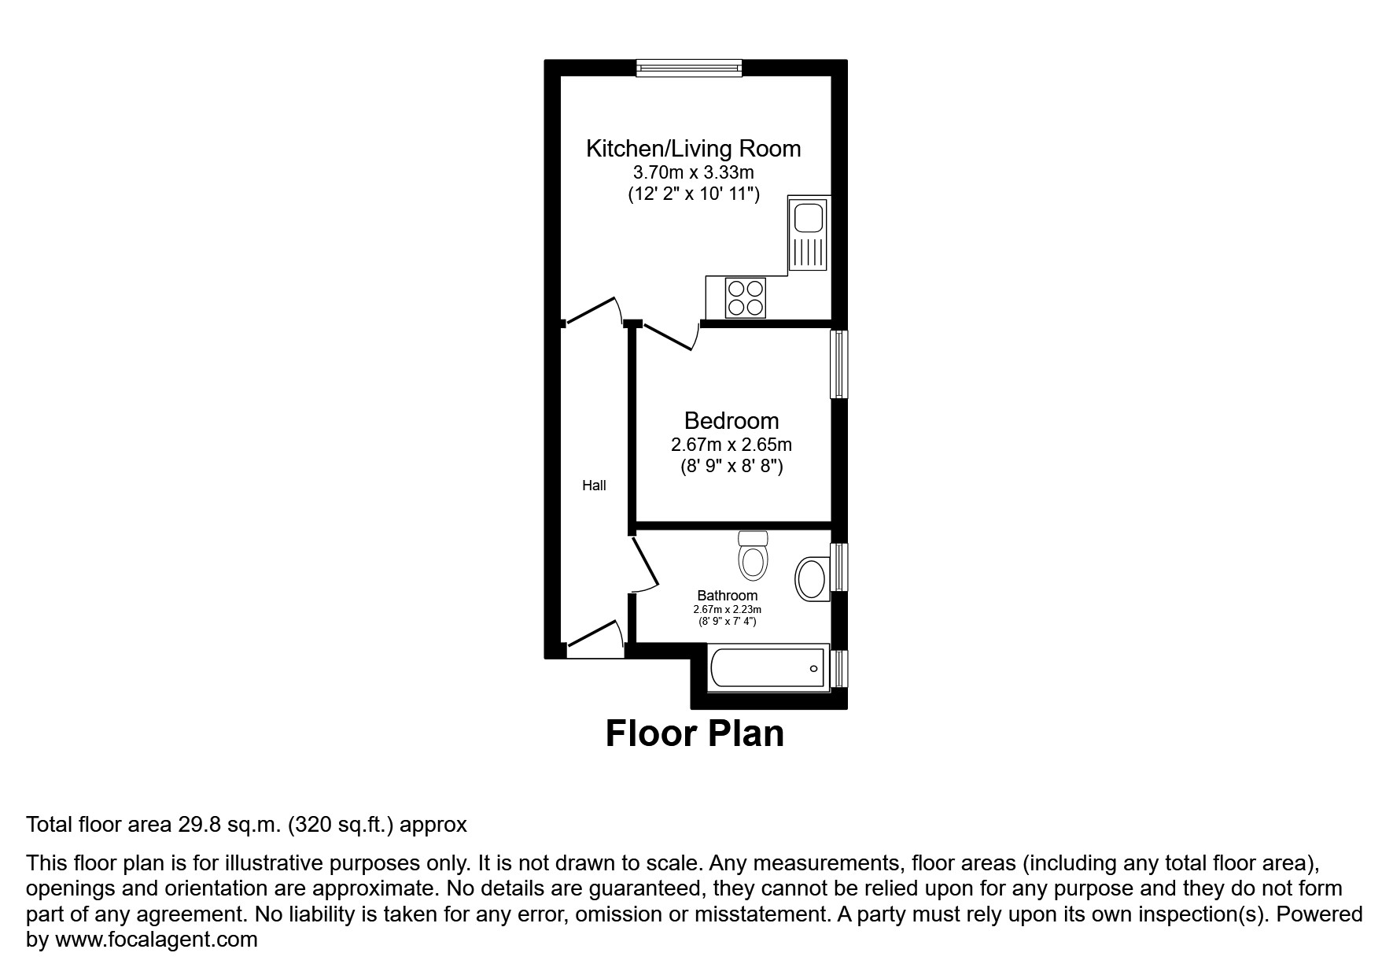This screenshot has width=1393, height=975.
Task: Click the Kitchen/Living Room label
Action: (693, 148)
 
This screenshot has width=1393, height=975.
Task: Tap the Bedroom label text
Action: (731, 420)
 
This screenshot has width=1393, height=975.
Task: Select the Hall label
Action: (594, 486)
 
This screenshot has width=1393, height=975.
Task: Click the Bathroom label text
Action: (728, 596)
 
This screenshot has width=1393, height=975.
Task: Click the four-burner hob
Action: (745, 297)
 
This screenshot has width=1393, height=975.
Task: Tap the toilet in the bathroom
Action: (753, 556)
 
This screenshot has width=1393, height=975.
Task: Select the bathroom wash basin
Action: (812, 579)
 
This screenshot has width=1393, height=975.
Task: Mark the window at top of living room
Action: (689, 68)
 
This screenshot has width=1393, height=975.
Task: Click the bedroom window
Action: (840, 364)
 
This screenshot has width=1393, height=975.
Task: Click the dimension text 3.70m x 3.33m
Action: (693, 172)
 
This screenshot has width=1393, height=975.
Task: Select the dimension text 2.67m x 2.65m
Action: (731, 445)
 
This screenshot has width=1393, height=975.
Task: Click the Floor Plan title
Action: (695, 733)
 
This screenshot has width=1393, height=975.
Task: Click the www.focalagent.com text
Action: (156, 940)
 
